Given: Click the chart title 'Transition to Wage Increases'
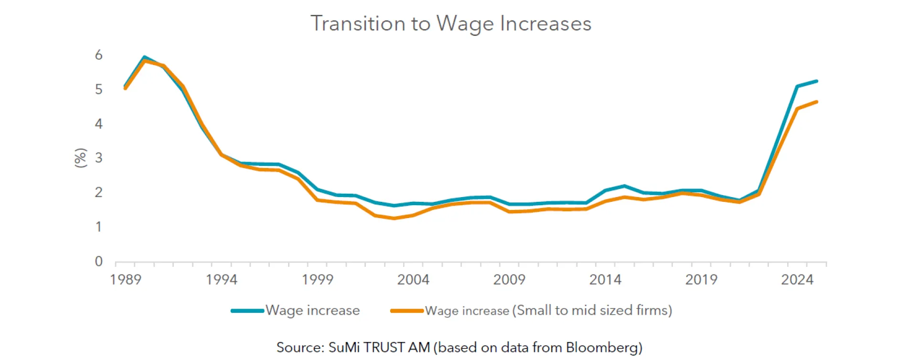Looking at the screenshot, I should tap(451, 23).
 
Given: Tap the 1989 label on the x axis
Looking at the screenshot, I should tap(126, 279).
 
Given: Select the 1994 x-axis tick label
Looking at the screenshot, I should tap(222, 279).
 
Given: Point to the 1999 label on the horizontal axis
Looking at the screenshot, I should tap(318, 279).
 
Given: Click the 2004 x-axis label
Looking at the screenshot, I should tap(413, 279).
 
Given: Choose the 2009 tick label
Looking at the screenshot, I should tap(509, 279).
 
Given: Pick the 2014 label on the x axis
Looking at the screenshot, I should tap(605, 279).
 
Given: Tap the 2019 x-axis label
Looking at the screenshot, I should tap(701, 279).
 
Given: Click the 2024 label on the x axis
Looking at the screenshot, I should tap(797, 279).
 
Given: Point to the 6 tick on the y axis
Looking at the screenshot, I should tap(99, 55).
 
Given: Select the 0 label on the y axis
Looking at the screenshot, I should tap(99, 261).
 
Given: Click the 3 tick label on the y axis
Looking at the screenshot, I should tap(99, 158).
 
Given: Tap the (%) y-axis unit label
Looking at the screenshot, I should tap(81, 158).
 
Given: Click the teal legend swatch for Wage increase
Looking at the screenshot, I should tap(247, 311).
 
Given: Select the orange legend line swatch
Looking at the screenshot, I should tap(407, 311).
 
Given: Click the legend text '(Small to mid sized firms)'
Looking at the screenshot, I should tap(592, 310).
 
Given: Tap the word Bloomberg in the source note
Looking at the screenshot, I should tap(603, 347).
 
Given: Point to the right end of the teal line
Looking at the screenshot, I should tap(817, 81).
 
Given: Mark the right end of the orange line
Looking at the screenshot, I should tap(817, 102).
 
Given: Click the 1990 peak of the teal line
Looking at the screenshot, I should tap(144, 57).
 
